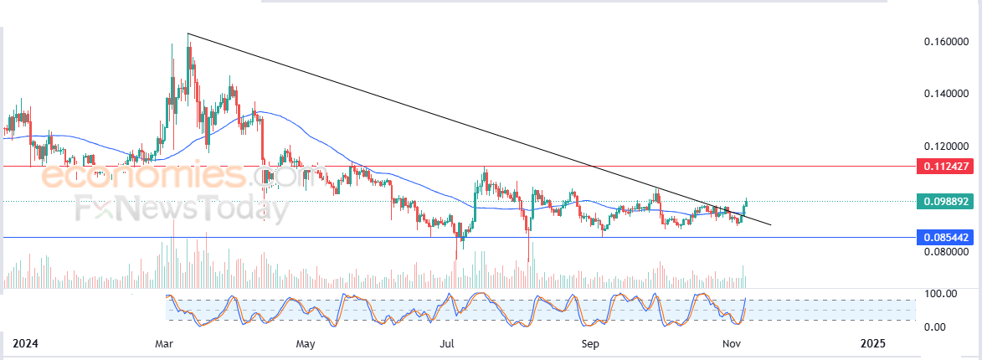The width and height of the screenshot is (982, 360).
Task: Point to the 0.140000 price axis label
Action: coord(946,93)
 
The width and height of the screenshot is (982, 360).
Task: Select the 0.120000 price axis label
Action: coord(946,146)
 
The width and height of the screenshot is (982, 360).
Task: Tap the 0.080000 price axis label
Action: coord(946,252)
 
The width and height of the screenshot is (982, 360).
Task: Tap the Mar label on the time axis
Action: coord(165,344)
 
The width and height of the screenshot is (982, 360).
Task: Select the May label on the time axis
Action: coord(305,344)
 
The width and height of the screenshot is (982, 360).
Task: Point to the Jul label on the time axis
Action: coord(446,344)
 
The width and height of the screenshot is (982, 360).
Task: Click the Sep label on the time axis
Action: coord(589,344)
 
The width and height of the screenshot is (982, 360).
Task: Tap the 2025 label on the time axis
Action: coord(874,344)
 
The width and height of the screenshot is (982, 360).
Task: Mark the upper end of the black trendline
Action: coord(188,33)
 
